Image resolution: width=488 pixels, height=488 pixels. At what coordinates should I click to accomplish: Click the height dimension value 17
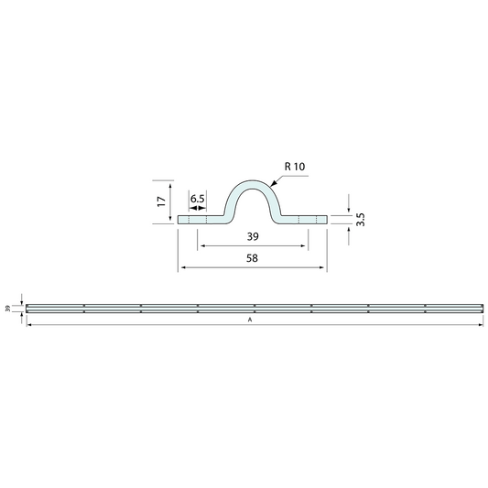[160, 200]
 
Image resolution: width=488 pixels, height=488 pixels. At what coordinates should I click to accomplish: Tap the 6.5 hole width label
[198, 200]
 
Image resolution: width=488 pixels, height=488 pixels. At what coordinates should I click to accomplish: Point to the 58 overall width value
[253, 259]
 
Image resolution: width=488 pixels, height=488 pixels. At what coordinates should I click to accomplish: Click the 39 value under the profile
[253, 236]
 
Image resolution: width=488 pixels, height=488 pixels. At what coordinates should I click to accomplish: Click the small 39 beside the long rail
[9, 309]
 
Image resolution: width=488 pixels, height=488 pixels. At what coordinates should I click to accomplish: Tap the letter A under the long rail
[249, 320]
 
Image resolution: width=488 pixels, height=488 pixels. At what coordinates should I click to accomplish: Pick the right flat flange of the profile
[305, 219]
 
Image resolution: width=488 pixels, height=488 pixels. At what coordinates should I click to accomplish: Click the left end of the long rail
[27, 309]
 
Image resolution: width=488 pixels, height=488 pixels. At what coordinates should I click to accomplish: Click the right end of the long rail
[479, 309]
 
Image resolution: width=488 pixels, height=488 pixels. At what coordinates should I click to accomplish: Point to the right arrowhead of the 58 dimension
[324, 267]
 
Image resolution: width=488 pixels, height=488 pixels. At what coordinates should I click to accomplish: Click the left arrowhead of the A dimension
[29, 325]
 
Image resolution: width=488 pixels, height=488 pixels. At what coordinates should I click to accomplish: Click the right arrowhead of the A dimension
[477, 325]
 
